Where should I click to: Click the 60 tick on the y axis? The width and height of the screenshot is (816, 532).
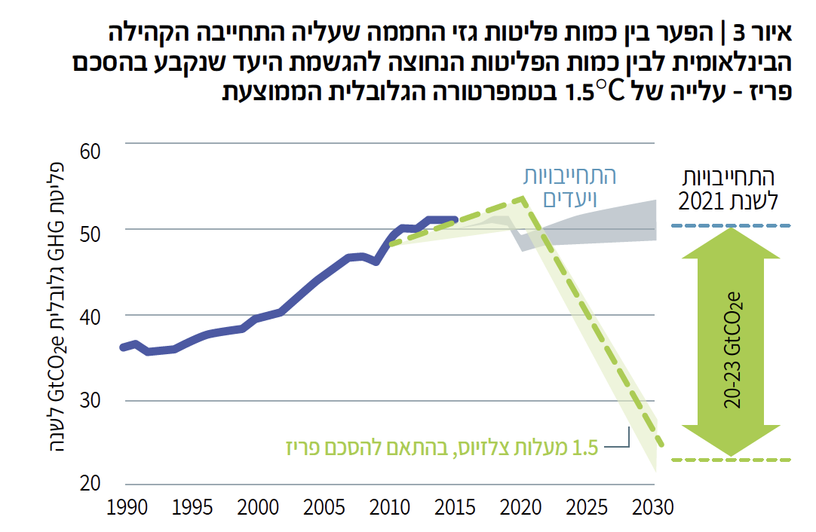coord(90,151)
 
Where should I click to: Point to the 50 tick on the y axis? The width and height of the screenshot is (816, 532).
coord(90,231)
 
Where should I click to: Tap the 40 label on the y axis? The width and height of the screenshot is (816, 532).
coord(90,316)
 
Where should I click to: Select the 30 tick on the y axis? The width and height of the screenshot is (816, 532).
coord(90,402)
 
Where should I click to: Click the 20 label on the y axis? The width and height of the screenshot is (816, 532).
coord(90,482)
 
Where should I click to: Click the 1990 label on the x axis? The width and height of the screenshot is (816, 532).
coord(125,508)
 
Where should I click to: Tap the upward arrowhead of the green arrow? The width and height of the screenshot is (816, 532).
coord(729,245)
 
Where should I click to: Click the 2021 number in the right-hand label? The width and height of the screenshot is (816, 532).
coord(702,201)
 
